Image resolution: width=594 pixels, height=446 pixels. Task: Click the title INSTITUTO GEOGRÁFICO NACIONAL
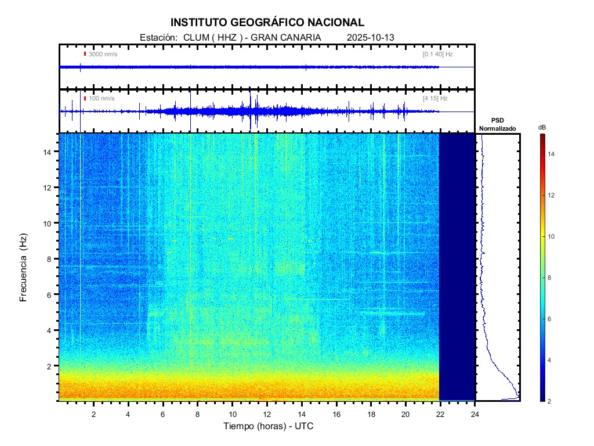267,23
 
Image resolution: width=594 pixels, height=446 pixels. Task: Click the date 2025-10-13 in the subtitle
370,37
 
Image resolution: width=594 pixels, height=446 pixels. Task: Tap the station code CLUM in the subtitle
195,37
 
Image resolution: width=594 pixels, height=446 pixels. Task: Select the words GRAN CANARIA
294,37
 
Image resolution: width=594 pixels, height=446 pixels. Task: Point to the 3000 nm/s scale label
103,54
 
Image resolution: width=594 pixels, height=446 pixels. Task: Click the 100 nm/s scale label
102,99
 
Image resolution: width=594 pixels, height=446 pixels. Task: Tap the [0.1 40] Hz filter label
437,54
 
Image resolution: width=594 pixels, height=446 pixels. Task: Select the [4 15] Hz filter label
435,99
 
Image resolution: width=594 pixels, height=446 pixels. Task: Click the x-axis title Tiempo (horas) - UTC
269,426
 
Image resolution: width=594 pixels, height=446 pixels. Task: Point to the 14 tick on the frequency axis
49,152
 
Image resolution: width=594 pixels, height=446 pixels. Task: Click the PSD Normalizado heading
497,124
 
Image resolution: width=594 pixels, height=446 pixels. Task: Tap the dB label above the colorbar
541,127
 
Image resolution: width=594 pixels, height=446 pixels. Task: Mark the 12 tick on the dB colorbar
553,196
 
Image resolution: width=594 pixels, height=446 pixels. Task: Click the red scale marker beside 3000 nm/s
85,54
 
